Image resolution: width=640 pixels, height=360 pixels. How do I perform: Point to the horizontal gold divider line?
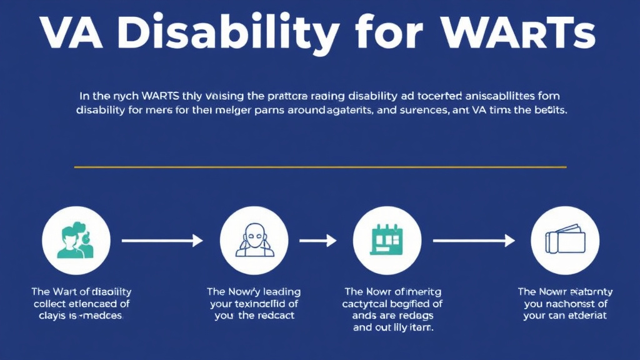pyautogui.click(x=320, y=167)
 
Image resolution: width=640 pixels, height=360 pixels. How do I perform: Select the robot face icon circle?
pyautogui.click(x=254, y=241)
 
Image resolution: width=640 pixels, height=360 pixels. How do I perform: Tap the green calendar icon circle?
pyautogui.click(x=387, y=241)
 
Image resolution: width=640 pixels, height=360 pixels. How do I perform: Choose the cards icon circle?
pyautogui.click(x=564, y=241)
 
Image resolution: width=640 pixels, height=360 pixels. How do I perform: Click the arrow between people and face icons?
pyautogui.click(x=162, y=241)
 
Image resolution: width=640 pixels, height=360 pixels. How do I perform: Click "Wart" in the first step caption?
pyautogui.click(x=62, y=292)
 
